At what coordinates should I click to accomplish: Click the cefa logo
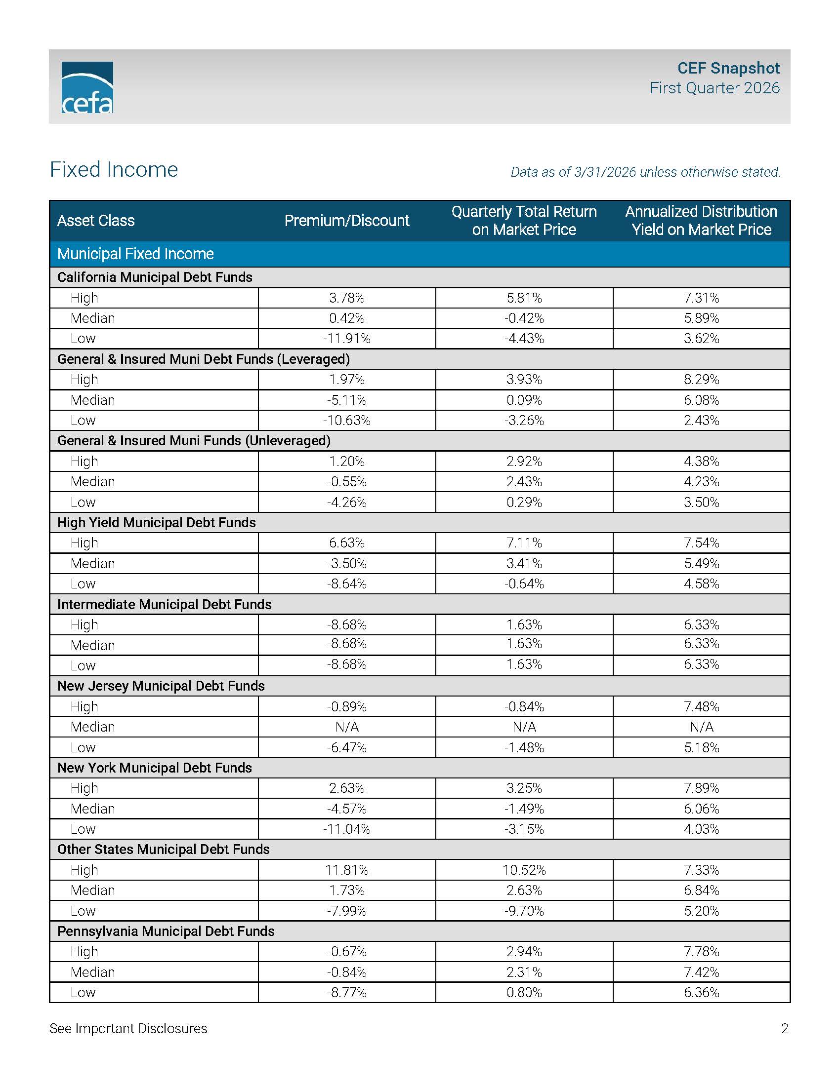[87, 87]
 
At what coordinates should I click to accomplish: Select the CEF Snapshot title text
[728, 68]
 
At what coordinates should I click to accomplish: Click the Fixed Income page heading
[114, 169]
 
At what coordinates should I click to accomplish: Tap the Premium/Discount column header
[346, 221]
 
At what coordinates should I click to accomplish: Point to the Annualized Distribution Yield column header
[701, 221]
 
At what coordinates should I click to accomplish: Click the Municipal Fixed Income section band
[135, 254]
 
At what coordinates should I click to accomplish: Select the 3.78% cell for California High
[346, 298]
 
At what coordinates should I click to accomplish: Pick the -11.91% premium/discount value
[346, 339]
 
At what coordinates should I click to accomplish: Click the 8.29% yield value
[701, 380]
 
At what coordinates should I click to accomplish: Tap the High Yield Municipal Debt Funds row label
[156, 523]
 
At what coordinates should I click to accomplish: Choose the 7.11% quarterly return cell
[524, 543]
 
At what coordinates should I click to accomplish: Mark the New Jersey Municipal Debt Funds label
[161, 686]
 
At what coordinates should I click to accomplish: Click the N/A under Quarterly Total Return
[524, 727]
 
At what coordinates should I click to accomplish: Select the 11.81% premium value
[346, 870]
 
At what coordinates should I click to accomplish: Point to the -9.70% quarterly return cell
[524, 911]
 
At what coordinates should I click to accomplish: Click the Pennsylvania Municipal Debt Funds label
[166, 931]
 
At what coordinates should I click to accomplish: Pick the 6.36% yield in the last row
[701, 993]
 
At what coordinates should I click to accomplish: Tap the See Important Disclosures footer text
[128, 1029]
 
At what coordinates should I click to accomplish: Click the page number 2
[784, 1029]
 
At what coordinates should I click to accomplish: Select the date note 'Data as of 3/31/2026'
[645, 172]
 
